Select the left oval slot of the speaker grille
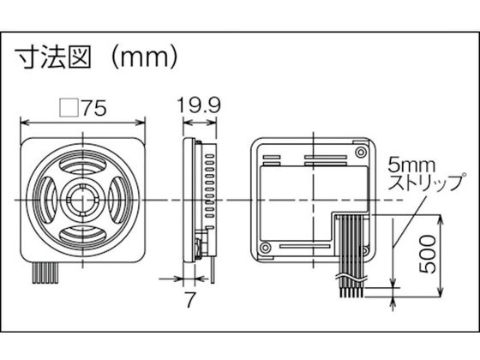click(x=47, y=201)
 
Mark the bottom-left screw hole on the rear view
click(x=264, y=249)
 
